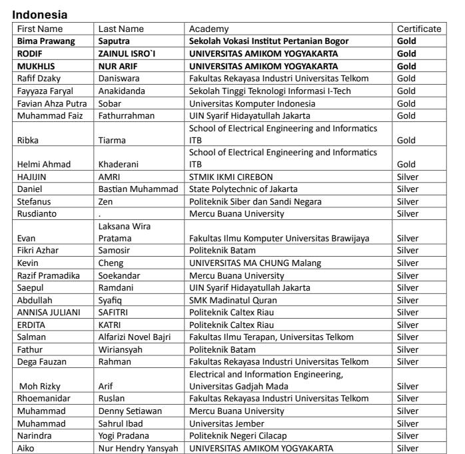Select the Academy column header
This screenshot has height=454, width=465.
(x=209, y=29)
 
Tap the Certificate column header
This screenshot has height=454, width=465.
(x=419, y=29)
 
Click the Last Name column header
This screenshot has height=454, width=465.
(x=122, y=29)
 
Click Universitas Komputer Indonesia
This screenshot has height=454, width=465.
(x=256, y=103)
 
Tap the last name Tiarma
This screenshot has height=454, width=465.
(x=112, y=141)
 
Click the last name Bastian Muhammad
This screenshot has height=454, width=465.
(x=138, y=189)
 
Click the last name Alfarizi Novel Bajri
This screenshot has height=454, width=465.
(x=138, y=337)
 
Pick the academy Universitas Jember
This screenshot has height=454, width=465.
(x=227, y=423)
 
